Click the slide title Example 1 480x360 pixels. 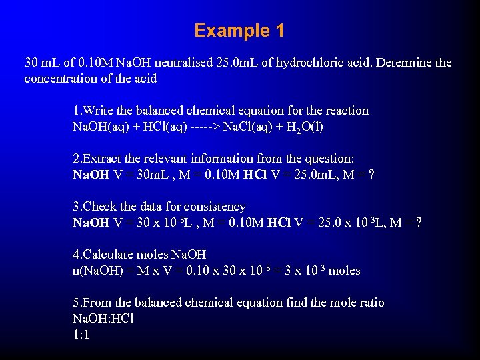(239, 31)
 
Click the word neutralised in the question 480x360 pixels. (184, 63)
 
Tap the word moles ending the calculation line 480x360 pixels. (344, 271)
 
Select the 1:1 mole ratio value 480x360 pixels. (81, 335)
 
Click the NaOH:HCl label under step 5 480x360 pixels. (103, 319)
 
